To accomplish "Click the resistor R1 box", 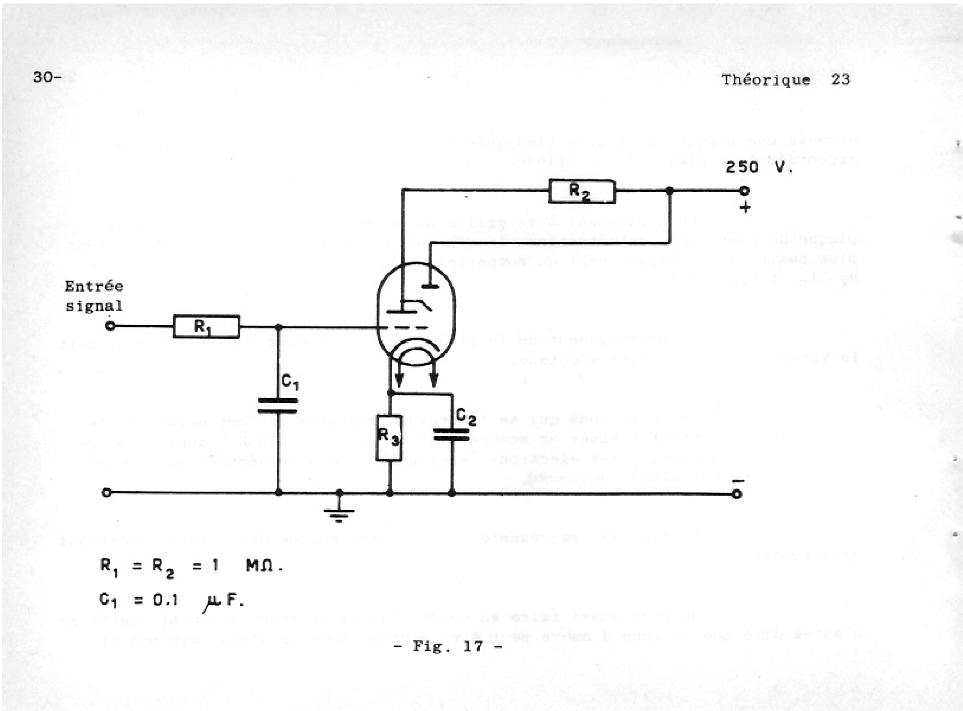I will point(206,327).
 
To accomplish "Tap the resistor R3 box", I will point(389,438).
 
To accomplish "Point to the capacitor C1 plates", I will point(277,406).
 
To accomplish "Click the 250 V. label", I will point(759,167).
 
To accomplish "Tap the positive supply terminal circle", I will point(745,191).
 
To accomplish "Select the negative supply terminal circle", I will point(737,494).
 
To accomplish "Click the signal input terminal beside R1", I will point(110,326).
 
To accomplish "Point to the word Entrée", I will point(94,286).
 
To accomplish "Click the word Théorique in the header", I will point(766,80).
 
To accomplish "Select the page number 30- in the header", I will point(47,77).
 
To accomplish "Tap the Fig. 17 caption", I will point(448,647).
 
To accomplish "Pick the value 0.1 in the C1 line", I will point(165,600).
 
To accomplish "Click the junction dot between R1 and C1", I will point(278,327).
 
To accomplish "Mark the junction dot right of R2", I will point(669,191).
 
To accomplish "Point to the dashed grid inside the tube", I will point(406,328).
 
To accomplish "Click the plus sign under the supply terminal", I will point(745,208).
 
